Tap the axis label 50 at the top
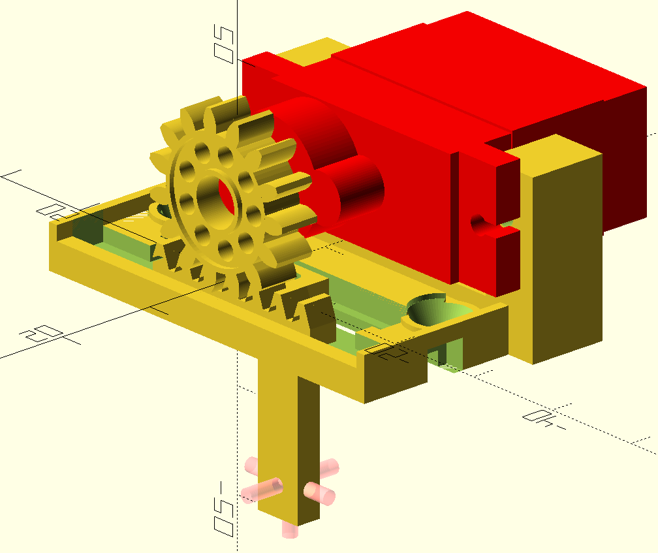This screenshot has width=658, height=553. coord(225,44)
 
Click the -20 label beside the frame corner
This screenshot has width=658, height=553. coord(390,355)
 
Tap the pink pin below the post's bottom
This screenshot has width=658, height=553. coord(289,529)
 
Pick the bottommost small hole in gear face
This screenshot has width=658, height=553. coord(225,247)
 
